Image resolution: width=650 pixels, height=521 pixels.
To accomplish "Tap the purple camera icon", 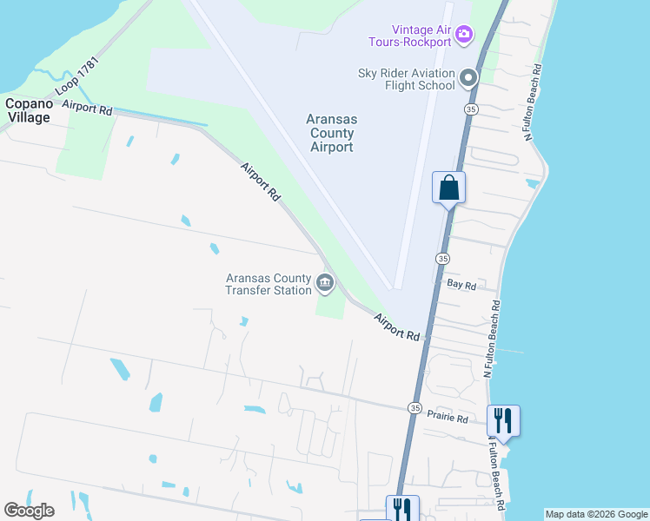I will click(x=464, y=34).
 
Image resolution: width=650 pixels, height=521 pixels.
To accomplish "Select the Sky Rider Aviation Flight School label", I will click(x=407, y=79).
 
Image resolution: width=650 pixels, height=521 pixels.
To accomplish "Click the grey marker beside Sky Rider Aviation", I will click(x=469, y=79).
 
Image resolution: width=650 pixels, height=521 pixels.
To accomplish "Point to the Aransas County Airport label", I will click(x=331, y=133).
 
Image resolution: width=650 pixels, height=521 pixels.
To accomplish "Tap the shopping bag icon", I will click(x=448, y=187).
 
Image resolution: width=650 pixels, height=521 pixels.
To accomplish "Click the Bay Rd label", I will click(x=461, y=285).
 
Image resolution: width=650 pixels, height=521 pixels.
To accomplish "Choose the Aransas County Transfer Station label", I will click(x=269, y=284).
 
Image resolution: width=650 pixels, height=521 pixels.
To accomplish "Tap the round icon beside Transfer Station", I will click(x=325, y=281).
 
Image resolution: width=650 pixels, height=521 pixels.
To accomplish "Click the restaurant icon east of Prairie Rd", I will click(x=503, y=421).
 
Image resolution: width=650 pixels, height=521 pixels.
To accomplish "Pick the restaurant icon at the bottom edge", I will click(x=402, y=509).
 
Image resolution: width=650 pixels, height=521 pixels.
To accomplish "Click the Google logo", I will click(x=29, y=511).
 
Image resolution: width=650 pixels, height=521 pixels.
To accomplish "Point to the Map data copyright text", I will click(x=595, y=514).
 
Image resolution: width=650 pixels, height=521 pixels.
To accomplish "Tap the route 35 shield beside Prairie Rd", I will click(x=415, y=408).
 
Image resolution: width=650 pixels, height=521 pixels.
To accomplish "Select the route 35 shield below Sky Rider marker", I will click(x=470, y=109).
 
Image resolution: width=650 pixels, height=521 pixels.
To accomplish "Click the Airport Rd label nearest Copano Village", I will click(x=88, y=109).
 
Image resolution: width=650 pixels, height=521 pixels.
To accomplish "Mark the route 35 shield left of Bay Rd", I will click(x=442, y=259).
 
